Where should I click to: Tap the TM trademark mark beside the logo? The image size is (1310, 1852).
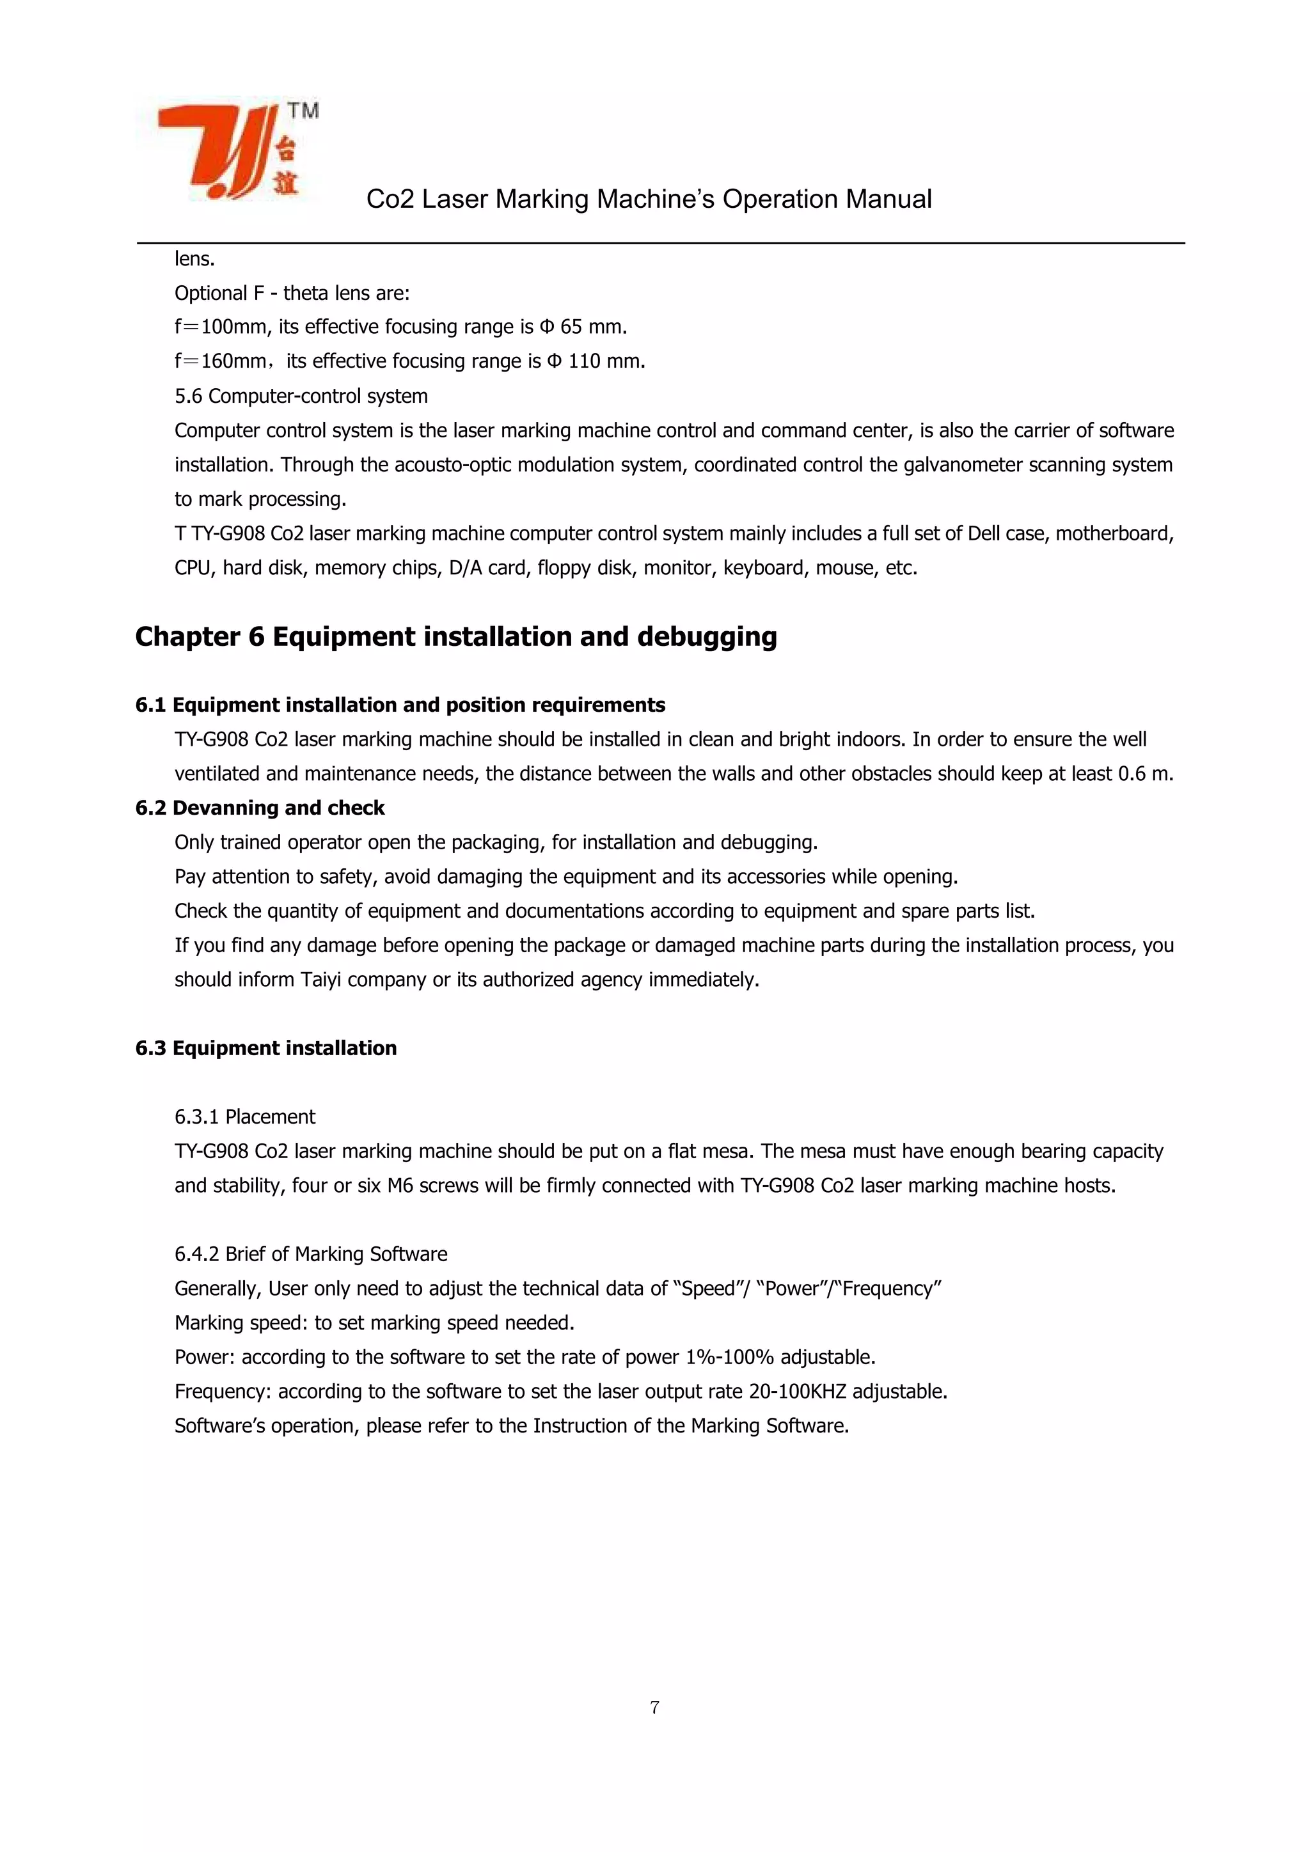pyautogui.click(x=303, y=111)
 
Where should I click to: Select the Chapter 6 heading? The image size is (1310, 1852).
pyautogui.click(x=456, y=637)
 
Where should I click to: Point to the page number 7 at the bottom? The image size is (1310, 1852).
pyautogui.click(x=654, y=1707)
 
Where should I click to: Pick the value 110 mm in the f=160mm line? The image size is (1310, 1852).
pyautogui.click(x=606, y=361)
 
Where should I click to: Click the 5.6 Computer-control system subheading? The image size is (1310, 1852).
pyautogui.click(x=301, y=396)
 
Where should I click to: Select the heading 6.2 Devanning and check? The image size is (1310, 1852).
pyautogui.click(x=260, y=808)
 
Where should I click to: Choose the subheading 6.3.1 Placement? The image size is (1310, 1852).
pyautogui.click(x=244, y=1117)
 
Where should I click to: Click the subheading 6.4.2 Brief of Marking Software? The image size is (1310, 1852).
pyautogui.click(x=311, y=1254)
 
